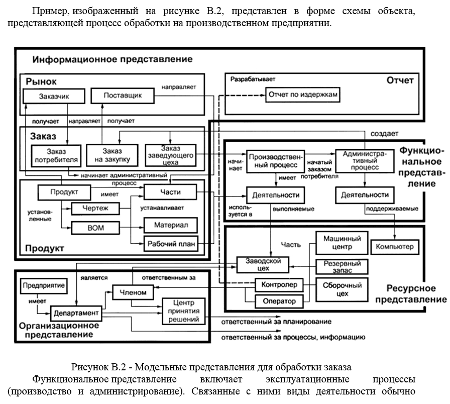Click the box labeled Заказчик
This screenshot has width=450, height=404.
(x=53, y=96)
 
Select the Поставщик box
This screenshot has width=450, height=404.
(x=123, y=95)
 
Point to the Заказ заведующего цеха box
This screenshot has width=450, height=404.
(x=170, y=154)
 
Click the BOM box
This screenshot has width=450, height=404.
(x=95, y=228)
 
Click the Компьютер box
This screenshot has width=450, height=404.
(x=394, y=247)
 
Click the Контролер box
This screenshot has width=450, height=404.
(x=280, y=285)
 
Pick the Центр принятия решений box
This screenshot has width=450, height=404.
(x=183, y=312)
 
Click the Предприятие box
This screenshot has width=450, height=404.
(x=44, y=285)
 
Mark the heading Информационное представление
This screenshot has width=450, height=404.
(x=112, y=59)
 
